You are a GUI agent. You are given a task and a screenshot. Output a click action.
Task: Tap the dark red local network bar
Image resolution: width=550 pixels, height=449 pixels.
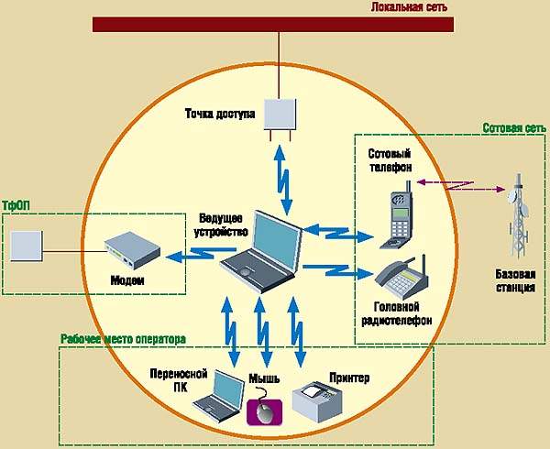click(x=275, y=24)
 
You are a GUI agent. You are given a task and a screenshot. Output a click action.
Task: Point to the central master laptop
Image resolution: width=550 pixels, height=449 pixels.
click(x=262, y=246)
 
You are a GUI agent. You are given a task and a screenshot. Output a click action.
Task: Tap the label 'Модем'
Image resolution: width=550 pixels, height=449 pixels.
click(x=127, y=279)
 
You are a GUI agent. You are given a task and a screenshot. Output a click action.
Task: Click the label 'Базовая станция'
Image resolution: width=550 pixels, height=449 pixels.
click(x=516, y=280)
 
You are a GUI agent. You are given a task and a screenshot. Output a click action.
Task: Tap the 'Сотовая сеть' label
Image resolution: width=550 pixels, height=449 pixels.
click(x=516, y=129)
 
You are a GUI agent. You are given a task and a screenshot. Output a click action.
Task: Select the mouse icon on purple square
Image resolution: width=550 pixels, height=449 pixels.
click(x=264, y=410)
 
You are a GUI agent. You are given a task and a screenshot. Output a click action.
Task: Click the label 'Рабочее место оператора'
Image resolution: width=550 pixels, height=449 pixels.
click(x=123, y=339)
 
